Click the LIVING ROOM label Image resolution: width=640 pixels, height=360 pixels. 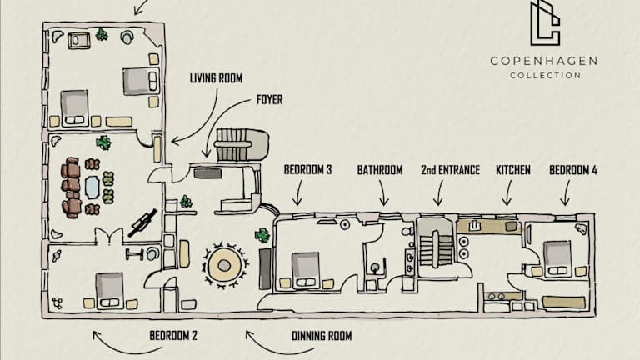215,78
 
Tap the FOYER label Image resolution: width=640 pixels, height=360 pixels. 269,99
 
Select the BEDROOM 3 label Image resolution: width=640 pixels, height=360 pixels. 307,170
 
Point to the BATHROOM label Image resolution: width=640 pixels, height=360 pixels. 380,170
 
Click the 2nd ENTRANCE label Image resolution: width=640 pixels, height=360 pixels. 450,170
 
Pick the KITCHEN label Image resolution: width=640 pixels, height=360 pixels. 512,170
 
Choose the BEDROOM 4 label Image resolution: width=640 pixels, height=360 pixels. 573,170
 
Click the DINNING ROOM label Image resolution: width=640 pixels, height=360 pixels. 322,336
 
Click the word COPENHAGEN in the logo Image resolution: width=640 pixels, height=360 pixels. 543,61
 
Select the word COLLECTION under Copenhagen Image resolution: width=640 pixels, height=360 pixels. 544,75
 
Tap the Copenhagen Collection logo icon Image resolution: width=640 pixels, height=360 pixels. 545,23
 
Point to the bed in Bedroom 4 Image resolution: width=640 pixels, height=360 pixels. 557,255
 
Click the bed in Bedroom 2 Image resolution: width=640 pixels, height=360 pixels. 109,288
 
